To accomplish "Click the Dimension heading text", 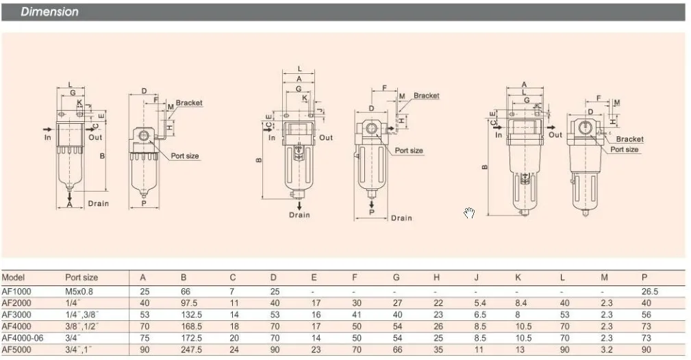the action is (49, 12).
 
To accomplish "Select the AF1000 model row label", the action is (16, 292).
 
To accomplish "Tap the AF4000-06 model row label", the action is (23, 338).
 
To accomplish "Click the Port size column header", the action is (81, 278).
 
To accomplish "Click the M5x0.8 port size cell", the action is (79, 292).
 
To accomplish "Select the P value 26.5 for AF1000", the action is (650, 292).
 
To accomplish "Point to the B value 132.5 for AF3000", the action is (191, 315).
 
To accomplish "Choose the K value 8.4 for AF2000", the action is (520, 303).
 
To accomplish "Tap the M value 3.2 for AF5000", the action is (606, 350).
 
